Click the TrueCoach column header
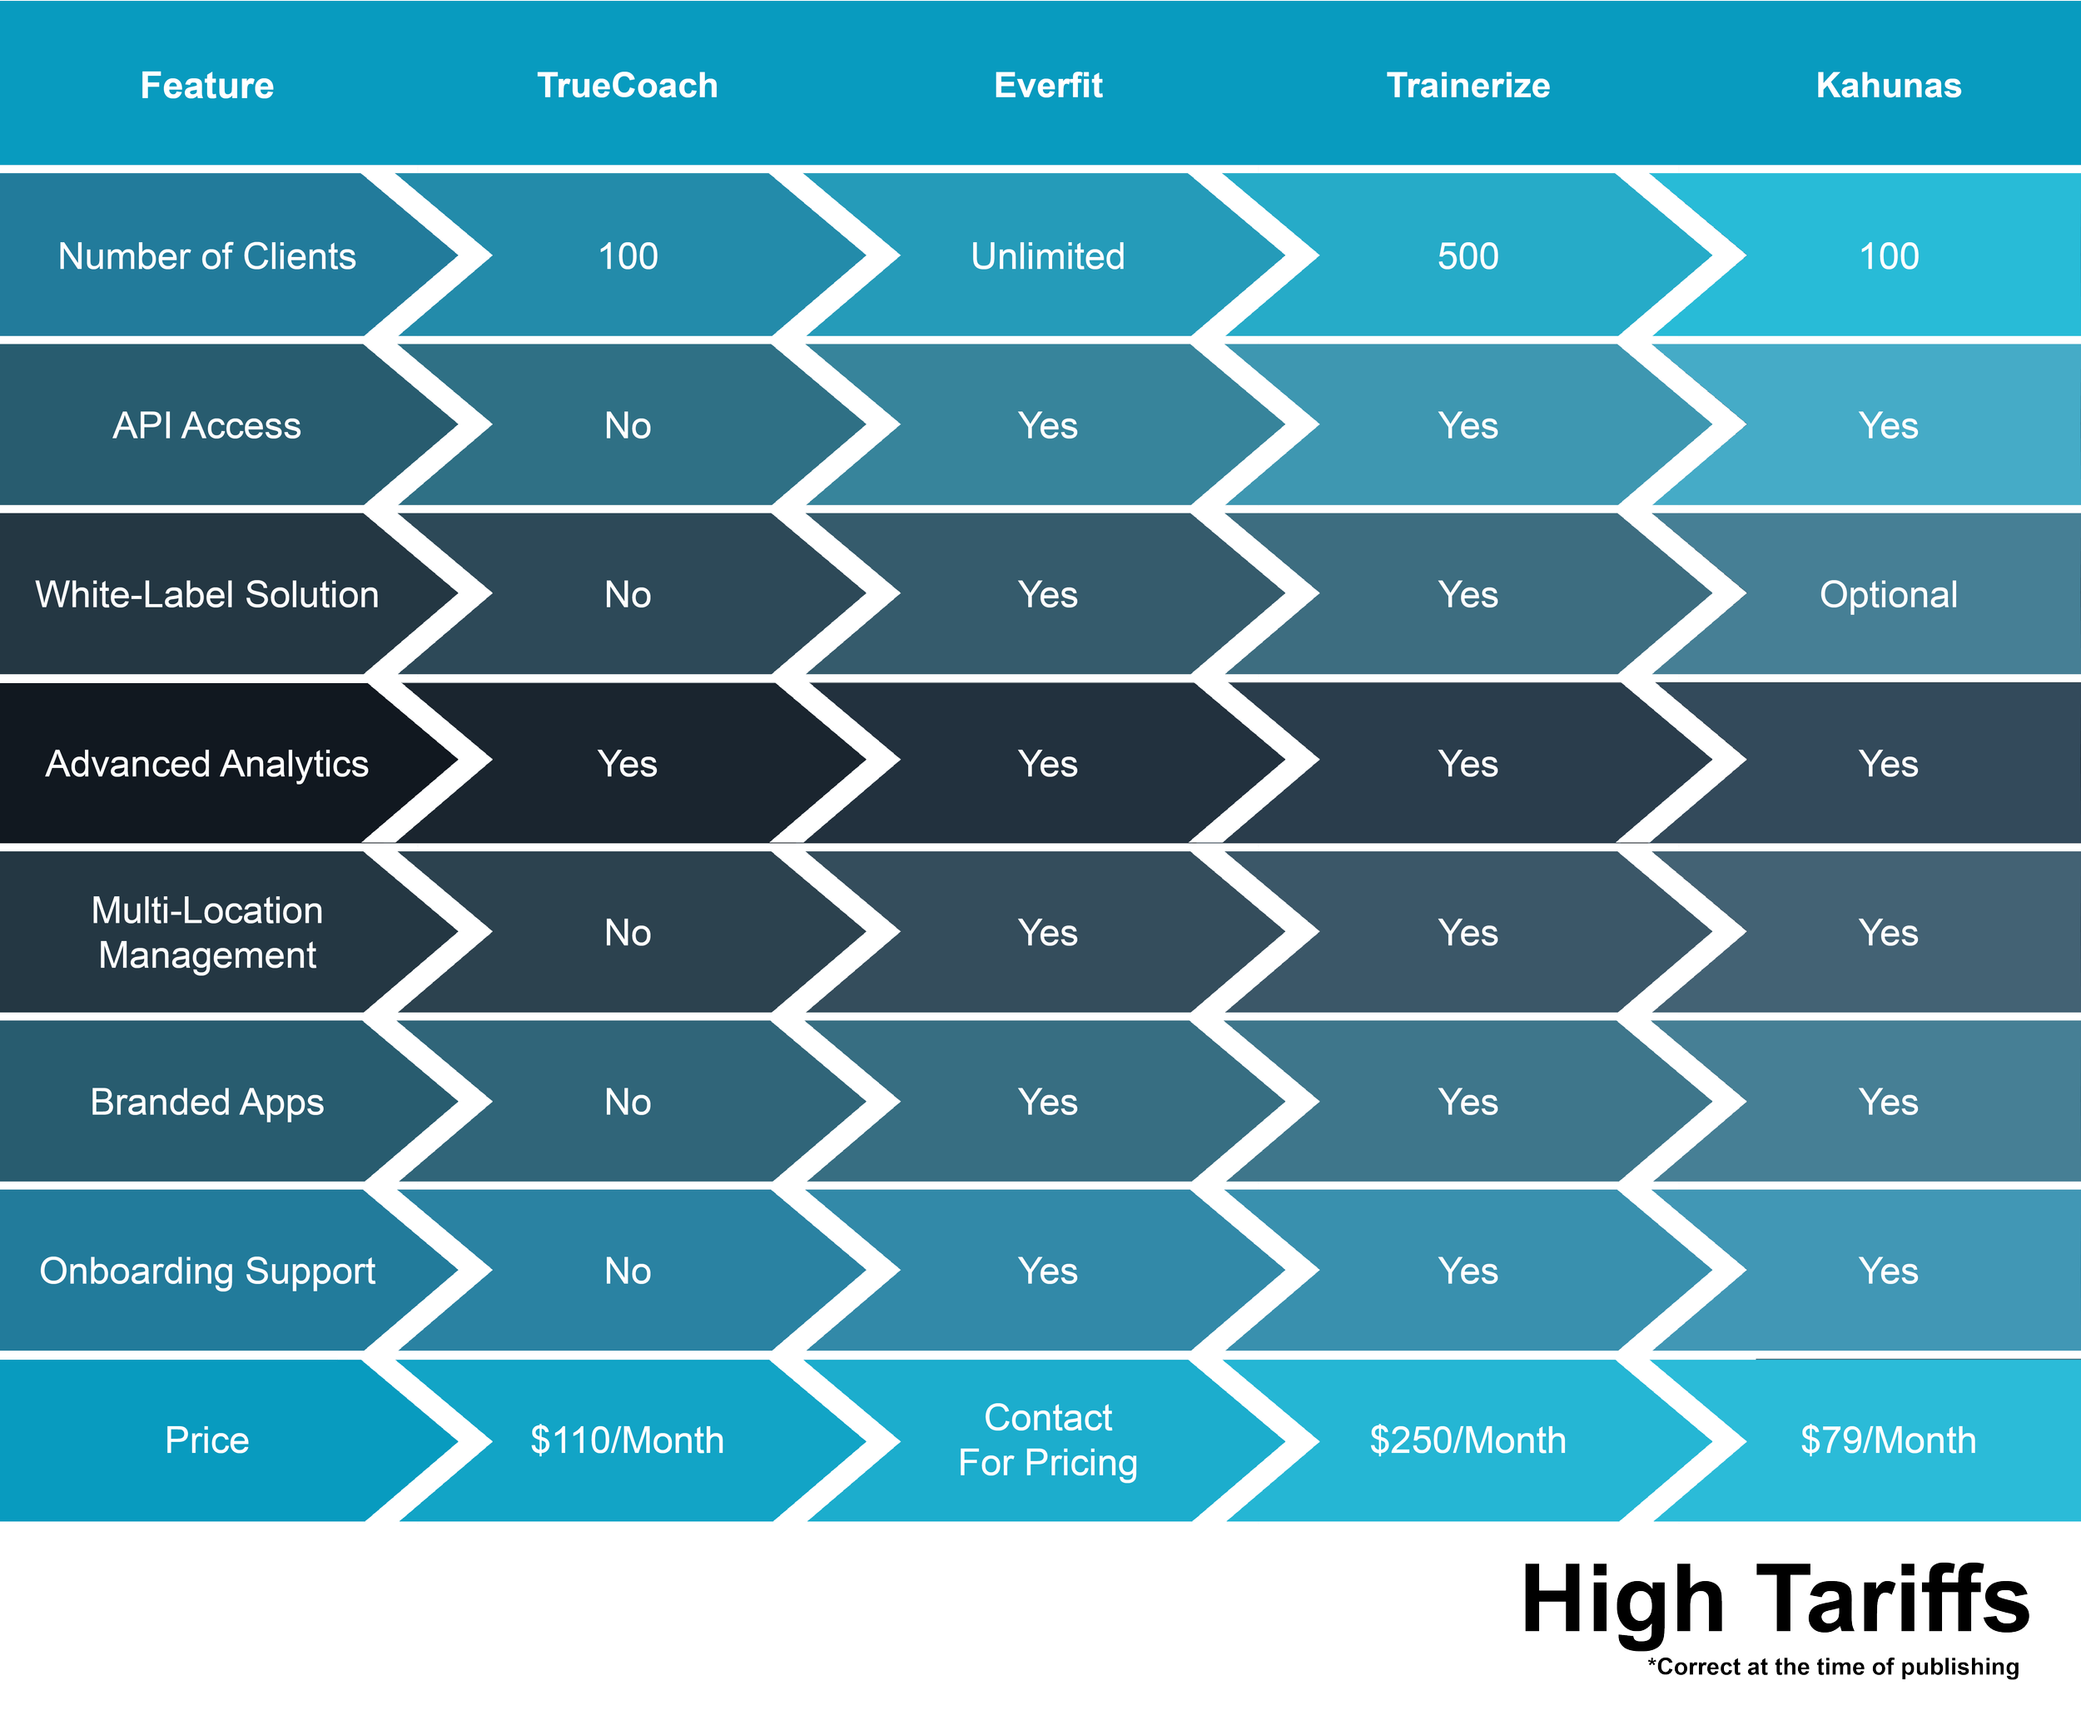pyautogui.click(x=628, y=85)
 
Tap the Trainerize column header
pyautogui.click(x=1468, y=85)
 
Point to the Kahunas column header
pyautogui.click(x=1888, y=85)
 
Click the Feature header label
pyautogui.click(x=207, y=85)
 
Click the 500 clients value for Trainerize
pyautogui.click(x=1468, y=256)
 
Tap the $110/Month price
pyautogui.click(x=628, y=1440)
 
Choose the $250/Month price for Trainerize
pyautogui.click(x=1468, y=1440)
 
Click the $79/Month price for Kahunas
pyautogui.click(x=1888, y=1440)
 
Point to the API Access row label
pyautogui.click(x=207, y=426)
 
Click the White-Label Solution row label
pyautogui.click(x=207, y=594)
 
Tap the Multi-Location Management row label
pyautogui.click(x=207, y=932)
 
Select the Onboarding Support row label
pyautogui.click(x=207, y=1271)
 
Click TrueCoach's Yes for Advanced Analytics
pyautogui.click(x=628, y=764)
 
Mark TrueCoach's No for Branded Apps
pyautogui.click(x=628, y=1102)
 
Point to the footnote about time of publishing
pyautogui.click(x=1833, y=1668)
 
